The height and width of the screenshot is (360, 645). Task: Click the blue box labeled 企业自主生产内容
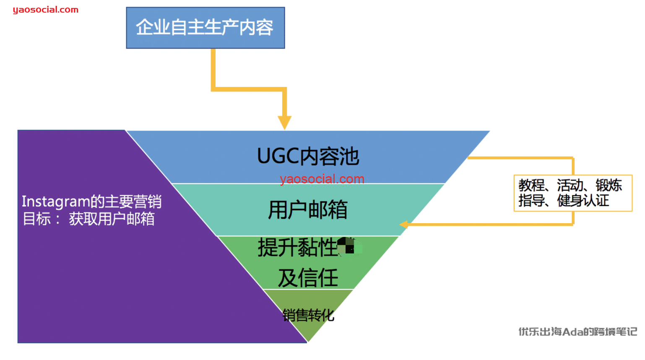205,28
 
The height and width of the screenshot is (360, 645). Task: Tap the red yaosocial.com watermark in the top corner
45,10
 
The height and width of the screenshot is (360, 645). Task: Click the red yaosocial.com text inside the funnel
322,179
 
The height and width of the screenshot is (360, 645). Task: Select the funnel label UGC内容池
308,157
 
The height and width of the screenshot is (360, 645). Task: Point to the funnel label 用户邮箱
308,210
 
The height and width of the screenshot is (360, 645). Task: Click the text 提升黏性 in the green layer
297,247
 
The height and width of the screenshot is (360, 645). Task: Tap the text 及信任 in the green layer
308,278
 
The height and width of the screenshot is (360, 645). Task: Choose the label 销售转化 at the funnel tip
308,315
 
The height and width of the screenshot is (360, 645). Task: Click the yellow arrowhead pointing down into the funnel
284,123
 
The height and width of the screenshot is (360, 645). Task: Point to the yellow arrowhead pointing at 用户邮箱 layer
404,224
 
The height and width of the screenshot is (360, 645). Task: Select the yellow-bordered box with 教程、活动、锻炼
572,193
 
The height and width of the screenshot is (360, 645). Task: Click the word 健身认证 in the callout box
583,201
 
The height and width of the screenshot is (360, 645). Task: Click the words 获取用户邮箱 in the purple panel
112,219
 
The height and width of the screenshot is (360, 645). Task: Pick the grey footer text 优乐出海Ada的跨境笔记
577,332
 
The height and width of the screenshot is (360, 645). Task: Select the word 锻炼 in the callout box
609,185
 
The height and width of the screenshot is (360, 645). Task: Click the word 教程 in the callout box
531,185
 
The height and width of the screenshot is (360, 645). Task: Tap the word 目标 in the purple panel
36,219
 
